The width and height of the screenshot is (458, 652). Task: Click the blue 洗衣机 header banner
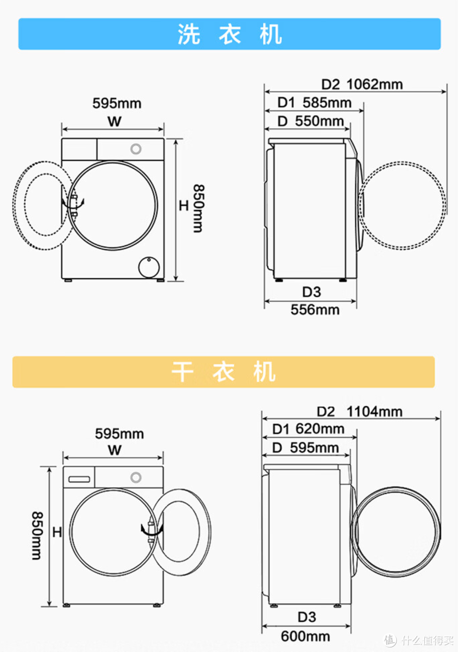229,34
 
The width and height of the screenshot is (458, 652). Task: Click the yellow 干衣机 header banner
224,372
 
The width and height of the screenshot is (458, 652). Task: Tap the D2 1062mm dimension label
362,84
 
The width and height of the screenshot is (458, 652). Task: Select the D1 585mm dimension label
314,103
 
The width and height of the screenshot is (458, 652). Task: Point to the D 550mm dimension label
311,121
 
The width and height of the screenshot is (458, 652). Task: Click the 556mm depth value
315,309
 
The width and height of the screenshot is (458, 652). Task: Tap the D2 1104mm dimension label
360,412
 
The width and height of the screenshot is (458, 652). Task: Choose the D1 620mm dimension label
308,429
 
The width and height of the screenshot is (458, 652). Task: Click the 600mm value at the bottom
305,636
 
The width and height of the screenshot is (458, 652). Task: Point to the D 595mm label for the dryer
305,448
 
